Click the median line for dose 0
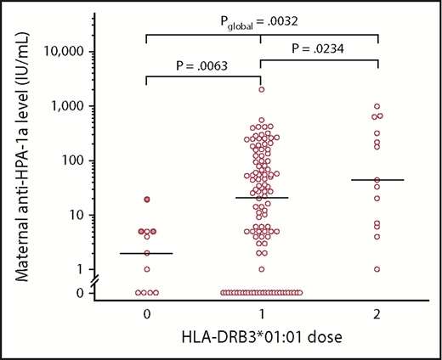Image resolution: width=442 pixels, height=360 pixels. tap(147, 253)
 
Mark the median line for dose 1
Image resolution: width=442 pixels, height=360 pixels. tap(262, 198)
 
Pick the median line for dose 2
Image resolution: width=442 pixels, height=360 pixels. tap(377, 180)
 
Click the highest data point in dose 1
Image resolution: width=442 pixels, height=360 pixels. tap(262, 89)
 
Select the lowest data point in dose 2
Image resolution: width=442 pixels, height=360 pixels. tap(377, 269)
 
